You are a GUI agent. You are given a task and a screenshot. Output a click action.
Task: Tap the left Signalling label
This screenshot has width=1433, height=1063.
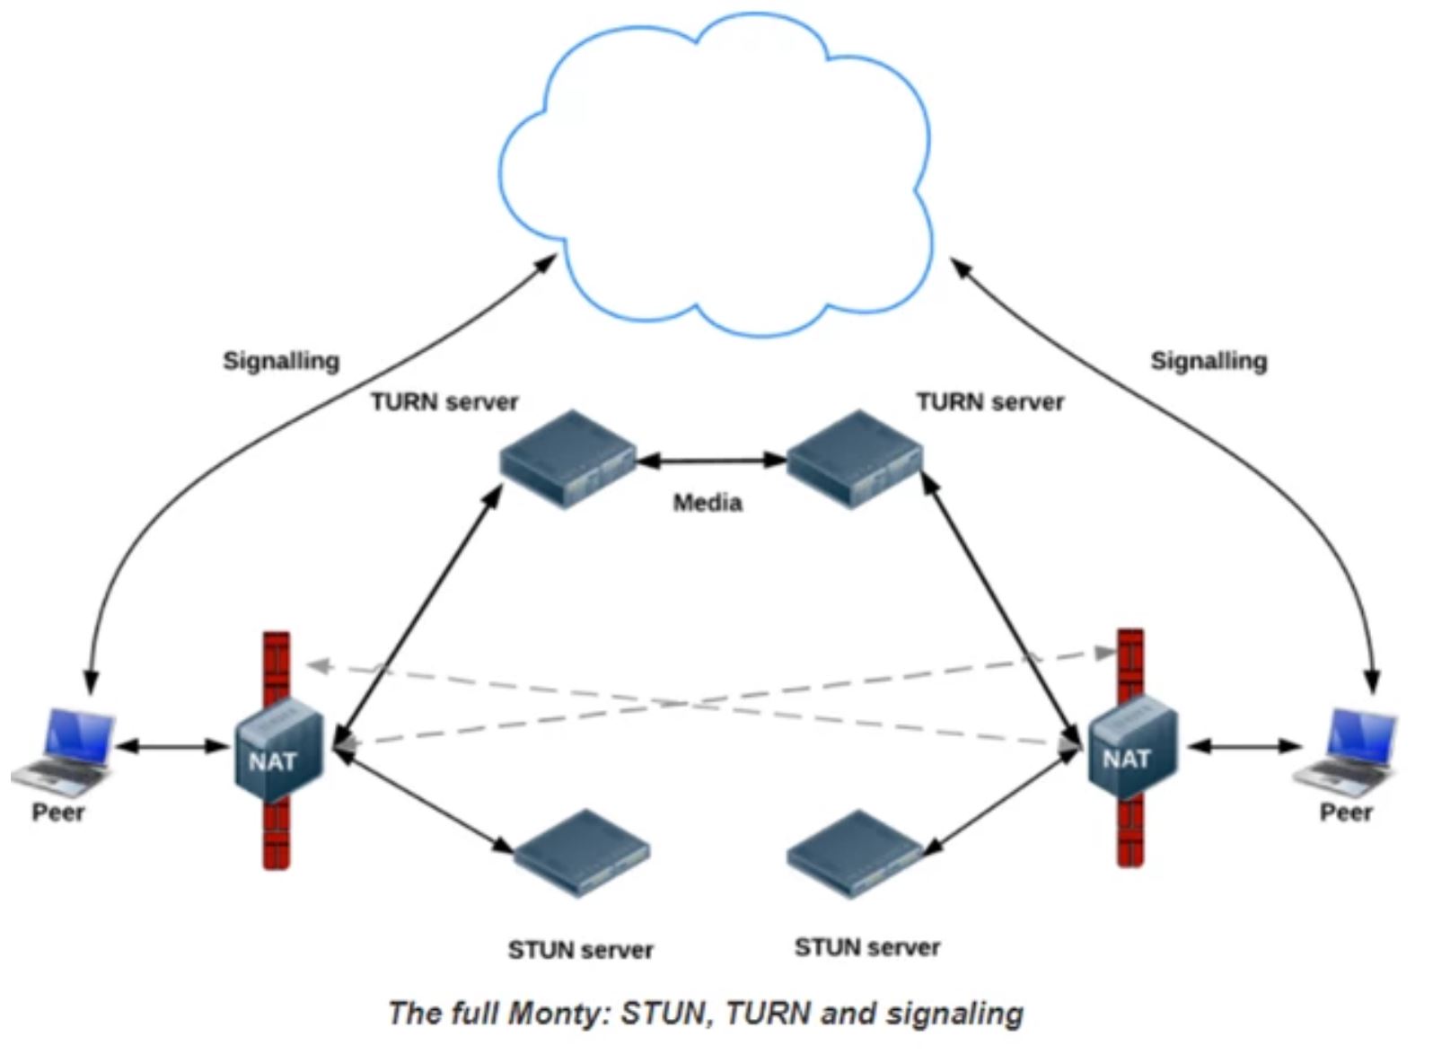pos(281,361)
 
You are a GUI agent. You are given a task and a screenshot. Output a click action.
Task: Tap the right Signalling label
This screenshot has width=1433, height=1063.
pos(1209,361)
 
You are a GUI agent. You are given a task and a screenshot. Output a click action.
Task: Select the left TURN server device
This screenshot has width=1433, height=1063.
pos(567,459)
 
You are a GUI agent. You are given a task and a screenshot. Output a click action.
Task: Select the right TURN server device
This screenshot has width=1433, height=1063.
pos(854,459)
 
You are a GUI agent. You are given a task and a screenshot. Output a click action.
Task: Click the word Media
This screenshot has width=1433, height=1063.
pos(708,503)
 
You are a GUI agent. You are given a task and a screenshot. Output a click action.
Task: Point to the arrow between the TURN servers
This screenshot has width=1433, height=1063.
pos(711,461)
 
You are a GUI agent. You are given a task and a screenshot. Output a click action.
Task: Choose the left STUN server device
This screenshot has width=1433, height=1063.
pos(582,853)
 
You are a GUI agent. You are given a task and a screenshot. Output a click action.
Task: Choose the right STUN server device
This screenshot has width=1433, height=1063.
pos(854,853)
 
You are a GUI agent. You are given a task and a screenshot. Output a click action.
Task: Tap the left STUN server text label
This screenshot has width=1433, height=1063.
pos(580,950)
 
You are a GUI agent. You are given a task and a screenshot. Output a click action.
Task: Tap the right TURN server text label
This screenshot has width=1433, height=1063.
pos(989,402)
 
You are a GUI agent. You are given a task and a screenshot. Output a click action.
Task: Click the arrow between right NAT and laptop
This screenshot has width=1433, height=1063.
pos(1244,747)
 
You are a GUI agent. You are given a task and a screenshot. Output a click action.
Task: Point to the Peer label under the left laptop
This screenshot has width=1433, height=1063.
pos(58,813)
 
